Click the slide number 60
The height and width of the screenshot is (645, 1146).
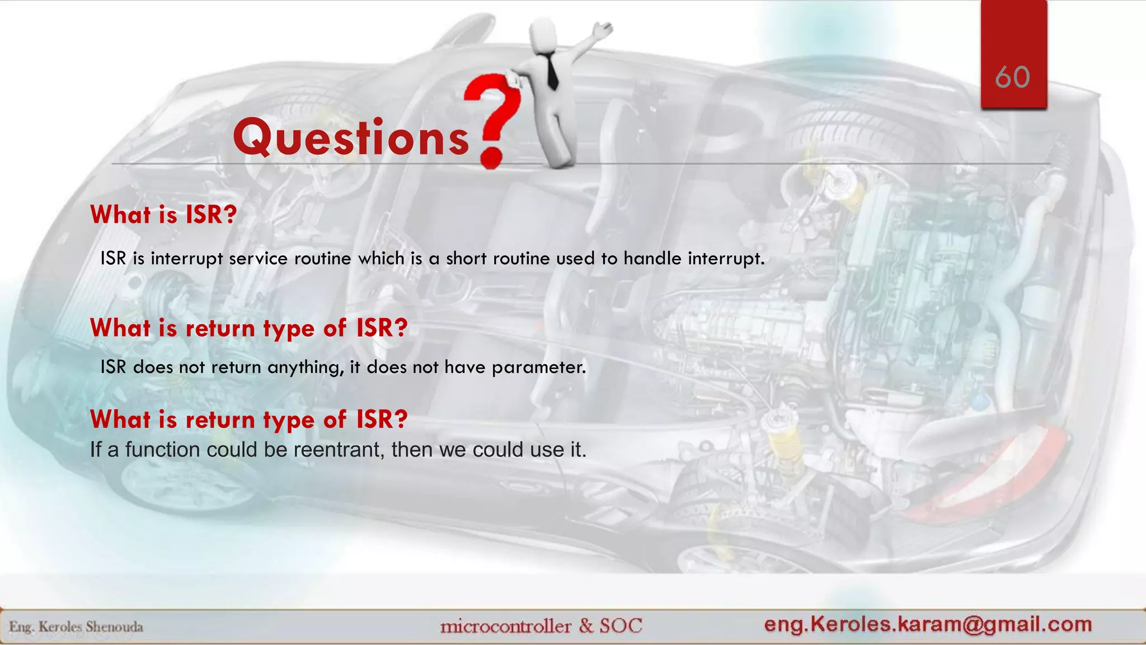coord(1012,77)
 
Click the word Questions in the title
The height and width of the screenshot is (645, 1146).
coord(351,137)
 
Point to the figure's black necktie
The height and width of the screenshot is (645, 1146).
coord(552,71)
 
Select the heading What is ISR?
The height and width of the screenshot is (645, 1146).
coord(163,215)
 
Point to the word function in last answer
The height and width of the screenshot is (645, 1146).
coord(162,450)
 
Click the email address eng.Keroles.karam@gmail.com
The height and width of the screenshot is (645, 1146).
coord(928,624)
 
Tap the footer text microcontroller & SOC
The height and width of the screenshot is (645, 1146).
coord(541,625)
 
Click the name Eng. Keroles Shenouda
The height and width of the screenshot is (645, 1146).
coord(76,627)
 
